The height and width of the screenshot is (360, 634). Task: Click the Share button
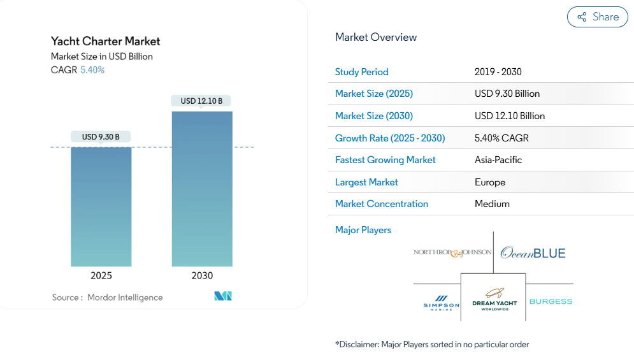(597, 17)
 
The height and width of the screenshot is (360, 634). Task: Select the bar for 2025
(101, 206)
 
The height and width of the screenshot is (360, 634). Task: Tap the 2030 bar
(202, 189)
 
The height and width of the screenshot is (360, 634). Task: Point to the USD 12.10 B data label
(201, 101)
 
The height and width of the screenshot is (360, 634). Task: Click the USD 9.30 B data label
(101, 136)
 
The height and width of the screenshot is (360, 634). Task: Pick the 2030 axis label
(202, 276)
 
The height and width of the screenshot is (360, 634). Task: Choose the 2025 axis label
(101, 276)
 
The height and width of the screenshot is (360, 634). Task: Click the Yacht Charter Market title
(106, 41)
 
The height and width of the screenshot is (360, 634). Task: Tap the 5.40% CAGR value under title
(92, 70)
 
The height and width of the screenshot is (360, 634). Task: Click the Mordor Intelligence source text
(125, 298)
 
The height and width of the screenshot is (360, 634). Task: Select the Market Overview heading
(376, 37)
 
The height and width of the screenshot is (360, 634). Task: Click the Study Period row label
(362, 72)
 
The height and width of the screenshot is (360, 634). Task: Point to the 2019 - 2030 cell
(498, 72)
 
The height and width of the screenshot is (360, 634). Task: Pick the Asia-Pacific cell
(498, 160)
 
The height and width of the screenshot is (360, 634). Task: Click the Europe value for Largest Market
(490, 182)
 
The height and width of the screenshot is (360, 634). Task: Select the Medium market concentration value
(492, 204)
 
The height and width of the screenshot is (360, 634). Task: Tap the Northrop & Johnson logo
(452, 252)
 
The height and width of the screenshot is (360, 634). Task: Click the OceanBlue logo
(533, 253)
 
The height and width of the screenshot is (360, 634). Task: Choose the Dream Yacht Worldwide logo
(494, 299)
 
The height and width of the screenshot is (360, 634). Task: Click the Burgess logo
(551, 301)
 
